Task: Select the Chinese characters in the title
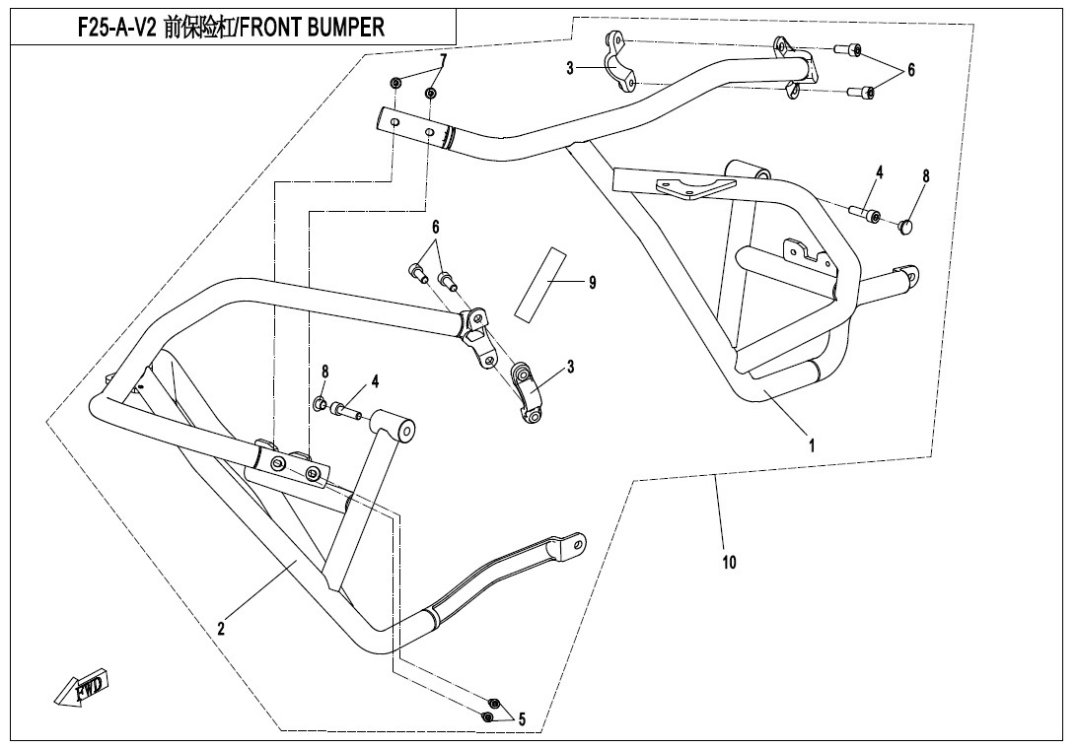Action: pos(197,28)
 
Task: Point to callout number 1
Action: pos(812,445)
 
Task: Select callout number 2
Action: pos(222,628)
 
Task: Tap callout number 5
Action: pos(521,719)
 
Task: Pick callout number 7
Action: pos(443,61)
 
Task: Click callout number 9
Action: pos(592,283)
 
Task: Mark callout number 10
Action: pos(729,563)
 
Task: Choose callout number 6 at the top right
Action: pos(911,71)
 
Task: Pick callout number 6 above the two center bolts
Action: pos(435,227)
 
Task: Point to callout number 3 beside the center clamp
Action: pos(570,368)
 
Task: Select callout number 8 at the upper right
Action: pos(925,176)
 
